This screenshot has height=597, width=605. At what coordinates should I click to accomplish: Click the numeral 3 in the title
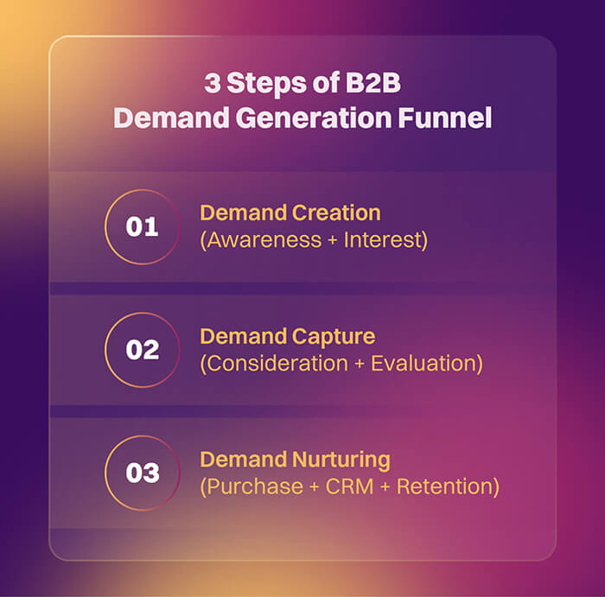click(212, 85)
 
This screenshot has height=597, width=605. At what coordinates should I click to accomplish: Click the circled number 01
click(142, 226)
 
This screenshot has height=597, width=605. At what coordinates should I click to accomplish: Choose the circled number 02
click(142, 350)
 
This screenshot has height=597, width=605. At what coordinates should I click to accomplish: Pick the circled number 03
click(142, 473)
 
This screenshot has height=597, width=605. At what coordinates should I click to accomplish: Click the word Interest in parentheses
click(385, 240)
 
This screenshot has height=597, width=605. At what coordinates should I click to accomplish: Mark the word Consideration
click(276, 364)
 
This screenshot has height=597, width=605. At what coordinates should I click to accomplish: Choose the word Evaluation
click(425, 364)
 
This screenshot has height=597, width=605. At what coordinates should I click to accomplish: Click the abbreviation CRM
click(347, 487)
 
